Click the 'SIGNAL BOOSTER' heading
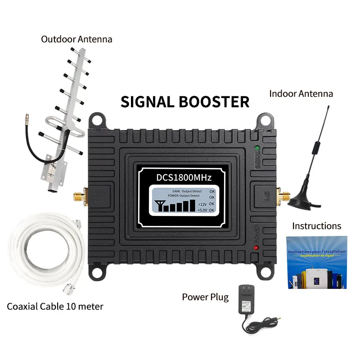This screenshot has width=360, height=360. click(184, 101)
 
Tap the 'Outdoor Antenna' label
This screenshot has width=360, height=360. click(76, 39)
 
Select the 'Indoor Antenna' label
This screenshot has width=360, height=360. click(301, 94)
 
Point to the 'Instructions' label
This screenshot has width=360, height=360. click(316, 225)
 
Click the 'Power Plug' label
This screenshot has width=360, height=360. click(205, 297)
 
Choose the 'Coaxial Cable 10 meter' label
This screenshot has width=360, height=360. click(55, 306)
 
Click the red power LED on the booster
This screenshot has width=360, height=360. click(256, 248)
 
